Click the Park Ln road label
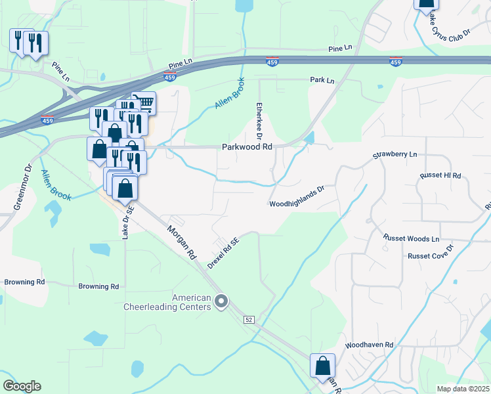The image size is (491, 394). (x=322, y=80)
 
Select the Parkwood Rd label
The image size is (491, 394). (x=246, y=148)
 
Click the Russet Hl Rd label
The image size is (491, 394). (x=441, y=176)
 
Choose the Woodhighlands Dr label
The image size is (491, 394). (x=297, y=204)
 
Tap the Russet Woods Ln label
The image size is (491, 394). (x=412, y=238)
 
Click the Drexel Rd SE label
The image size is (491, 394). (x=224, y=253)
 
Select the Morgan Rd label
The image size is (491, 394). (x=182, y=242)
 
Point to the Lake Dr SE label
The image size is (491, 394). (x=127, y=221)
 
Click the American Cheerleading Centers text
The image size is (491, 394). (x=167, y=302)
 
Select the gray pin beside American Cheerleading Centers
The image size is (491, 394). (x=221, y=302)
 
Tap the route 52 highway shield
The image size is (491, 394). (x=249, y=319)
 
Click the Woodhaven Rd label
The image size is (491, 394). (x=369, y=345)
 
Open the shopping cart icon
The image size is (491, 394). (x=144, y=102)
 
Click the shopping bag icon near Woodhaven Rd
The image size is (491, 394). (x=322, y=365)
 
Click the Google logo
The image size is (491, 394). (x=22, y=385)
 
